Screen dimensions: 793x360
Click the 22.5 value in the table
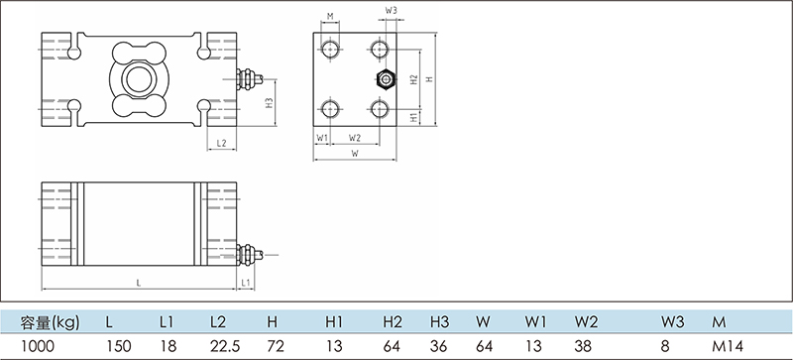click(x=225, y=346)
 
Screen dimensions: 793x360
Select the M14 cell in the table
click(x=728, y=346)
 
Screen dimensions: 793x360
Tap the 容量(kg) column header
click(x=51, y=322)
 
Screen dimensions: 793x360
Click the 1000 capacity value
click(x=38, y=346)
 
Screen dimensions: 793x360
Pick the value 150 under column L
click(x=119, y=346)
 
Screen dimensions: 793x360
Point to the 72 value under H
click(x=276, y=346)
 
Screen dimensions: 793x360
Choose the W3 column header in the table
click(x=673, y=321)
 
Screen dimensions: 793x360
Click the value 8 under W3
click(x=665, y=346)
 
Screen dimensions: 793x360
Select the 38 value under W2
click(x=583, y=346)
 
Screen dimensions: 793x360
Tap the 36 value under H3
click(x=439, y=346)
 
